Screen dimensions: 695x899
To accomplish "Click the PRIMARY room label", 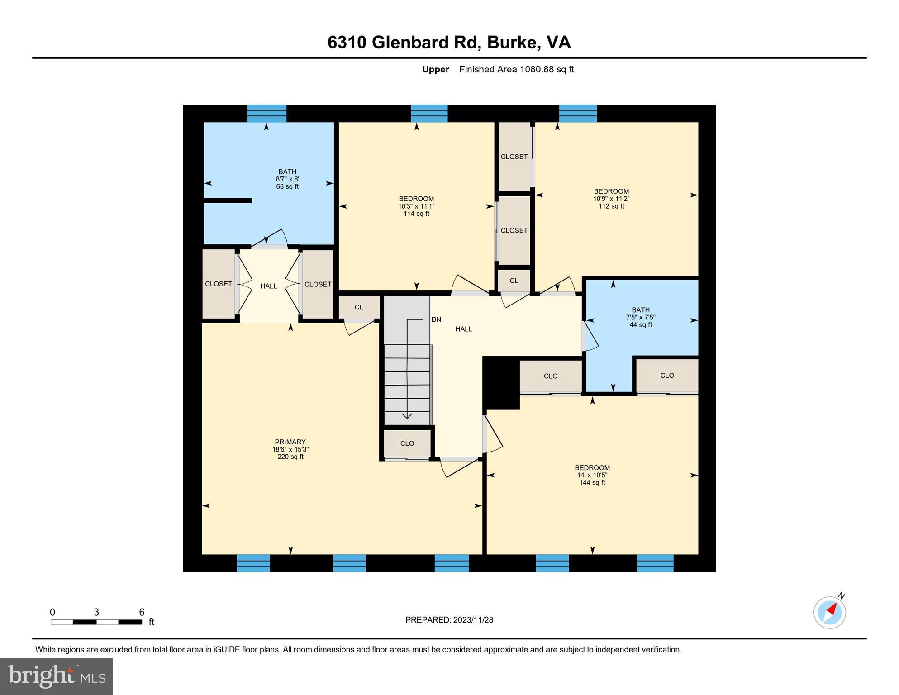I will (290, 442).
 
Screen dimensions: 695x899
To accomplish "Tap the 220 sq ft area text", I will (290, 457).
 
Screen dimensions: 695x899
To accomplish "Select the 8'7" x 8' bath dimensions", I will (287, 179).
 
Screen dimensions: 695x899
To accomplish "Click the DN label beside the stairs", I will (436, 319).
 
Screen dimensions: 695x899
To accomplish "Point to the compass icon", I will (829, 613).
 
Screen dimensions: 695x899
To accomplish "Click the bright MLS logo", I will (57, 676).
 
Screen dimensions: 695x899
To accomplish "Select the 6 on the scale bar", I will (141, 612).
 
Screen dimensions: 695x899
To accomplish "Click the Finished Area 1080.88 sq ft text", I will (516, 69).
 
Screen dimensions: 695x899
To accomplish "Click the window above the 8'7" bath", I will (266, 113).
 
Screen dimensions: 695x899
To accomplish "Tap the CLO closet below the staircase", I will (407, 443).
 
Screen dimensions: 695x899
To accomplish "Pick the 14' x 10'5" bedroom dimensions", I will (592, 475).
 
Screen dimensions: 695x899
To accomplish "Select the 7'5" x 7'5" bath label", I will (640, 317).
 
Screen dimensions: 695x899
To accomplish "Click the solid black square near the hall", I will (501, 383).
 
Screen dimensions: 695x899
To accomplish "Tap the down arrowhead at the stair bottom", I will (407, 415).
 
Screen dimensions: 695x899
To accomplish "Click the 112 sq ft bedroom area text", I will (611, 206).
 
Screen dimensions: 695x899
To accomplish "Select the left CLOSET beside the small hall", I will (218, 284).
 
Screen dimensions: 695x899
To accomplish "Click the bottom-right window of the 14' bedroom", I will (655, 563).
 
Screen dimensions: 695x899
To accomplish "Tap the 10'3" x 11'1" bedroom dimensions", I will (416, 206).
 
